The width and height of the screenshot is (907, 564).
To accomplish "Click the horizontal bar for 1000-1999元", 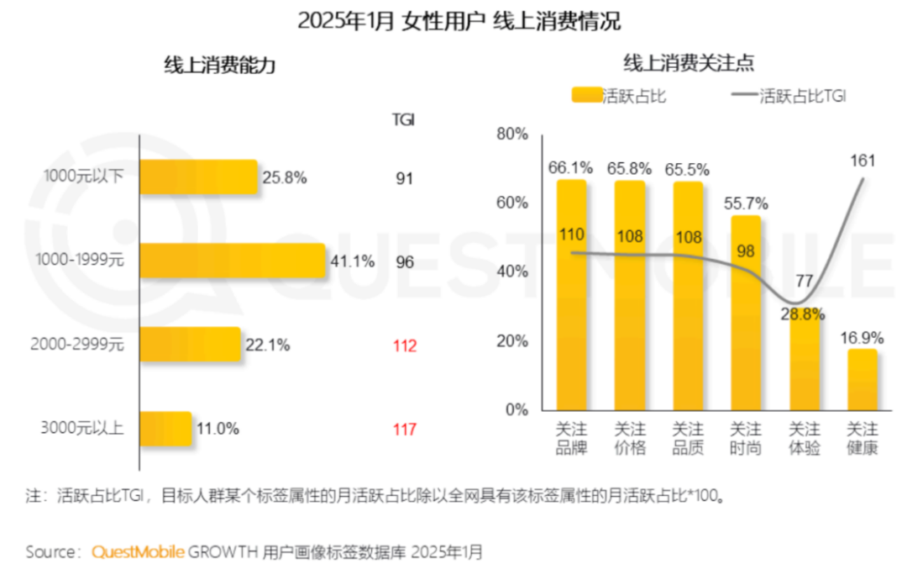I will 232,261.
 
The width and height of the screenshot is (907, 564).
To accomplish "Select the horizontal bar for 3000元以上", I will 165,429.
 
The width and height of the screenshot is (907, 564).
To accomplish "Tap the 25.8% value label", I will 285,177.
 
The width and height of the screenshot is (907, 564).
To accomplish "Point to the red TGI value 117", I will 405,430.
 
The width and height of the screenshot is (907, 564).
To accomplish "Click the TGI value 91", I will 405,177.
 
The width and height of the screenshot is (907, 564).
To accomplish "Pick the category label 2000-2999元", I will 76,345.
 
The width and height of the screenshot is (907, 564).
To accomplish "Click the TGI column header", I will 405,119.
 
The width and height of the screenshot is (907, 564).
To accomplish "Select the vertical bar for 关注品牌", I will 571,294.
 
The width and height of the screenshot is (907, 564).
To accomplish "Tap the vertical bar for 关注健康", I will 862,379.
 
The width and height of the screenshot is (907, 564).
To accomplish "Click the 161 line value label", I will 862,161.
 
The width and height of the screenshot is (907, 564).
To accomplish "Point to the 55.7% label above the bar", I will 746,203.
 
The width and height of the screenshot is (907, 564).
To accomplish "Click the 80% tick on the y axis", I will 511,134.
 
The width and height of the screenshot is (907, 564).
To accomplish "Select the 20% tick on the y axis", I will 511,341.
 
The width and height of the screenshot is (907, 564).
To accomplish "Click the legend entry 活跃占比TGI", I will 802,96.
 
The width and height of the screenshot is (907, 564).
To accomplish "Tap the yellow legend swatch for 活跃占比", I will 587,96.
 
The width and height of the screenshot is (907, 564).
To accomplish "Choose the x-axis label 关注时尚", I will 746,438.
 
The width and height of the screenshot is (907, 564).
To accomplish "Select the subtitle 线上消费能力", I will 219,67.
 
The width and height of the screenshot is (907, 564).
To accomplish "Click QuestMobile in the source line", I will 138,551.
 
